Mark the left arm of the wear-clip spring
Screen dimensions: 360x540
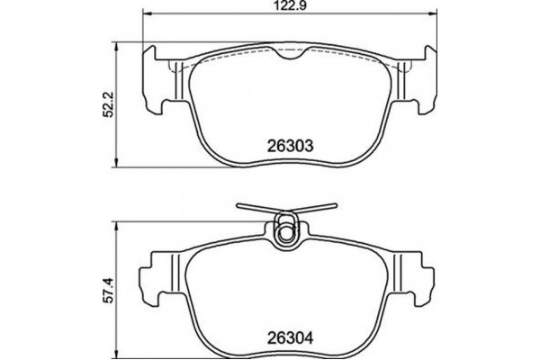256,208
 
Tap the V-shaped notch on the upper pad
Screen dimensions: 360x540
289,58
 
